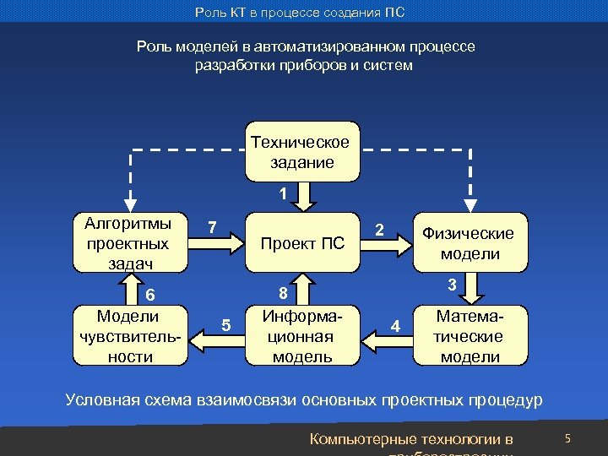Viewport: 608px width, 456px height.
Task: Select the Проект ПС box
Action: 302,243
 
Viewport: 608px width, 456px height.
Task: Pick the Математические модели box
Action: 471,335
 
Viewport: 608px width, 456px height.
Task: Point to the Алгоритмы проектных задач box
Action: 128,243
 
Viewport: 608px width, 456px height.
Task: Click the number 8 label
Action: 284,293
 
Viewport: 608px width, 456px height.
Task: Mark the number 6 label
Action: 149,295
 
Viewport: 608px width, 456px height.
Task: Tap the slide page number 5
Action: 568,438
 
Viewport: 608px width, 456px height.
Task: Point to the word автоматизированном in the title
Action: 325,46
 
